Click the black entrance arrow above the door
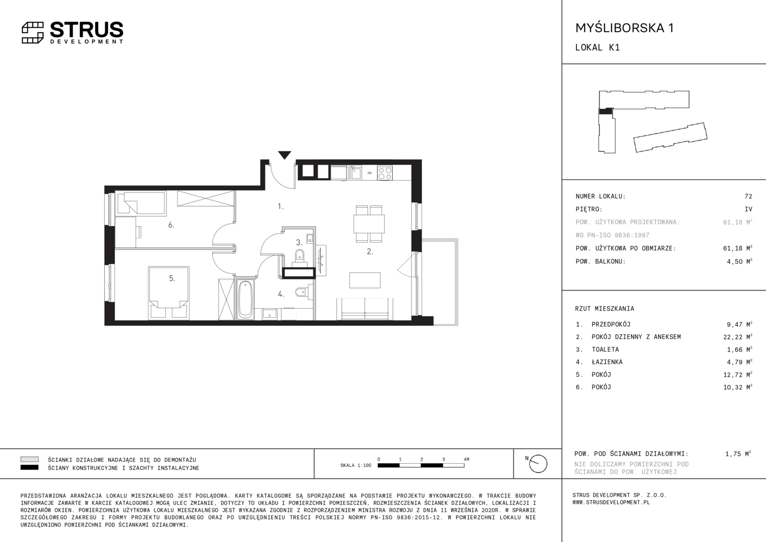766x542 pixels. (285, 155)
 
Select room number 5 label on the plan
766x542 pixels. (172, 279)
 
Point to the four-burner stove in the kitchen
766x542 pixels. (385, 173)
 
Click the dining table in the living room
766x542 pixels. (369, 224)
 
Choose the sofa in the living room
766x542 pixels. (364, 309)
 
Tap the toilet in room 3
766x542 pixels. (300, 256)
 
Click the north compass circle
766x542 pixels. (538, 464)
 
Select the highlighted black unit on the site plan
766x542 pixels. (605, 111)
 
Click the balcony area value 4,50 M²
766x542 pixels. (739, 261)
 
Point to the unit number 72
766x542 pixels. (748, 196)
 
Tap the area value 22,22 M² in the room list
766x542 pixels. (737, 337)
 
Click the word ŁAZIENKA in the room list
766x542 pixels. (607, 362)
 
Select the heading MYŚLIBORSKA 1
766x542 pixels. (625, 28)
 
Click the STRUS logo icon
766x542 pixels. (33, 33)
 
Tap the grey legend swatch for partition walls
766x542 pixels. (30, 459)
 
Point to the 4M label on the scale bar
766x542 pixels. (466, 459)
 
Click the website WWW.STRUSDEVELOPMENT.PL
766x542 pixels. (611, 502)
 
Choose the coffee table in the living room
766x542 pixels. (365, 280)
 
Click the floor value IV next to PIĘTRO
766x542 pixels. (748, 209)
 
